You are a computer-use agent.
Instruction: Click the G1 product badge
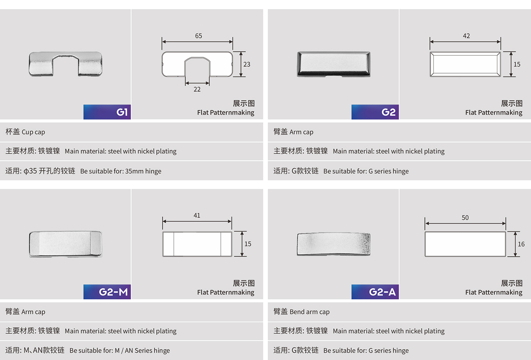click(x=107, y=112)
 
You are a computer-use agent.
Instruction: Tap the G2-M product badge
click(x=107, y=292)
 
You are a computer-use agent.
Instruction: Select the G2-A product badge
click(x=375, y=292)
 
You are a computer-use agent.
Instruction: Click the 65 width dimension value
click(x=198, y=36)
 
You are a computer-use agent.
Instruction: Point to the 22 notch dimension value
click(x=197, y=89)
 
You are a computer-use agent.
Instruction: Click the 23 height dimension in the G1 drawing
click(x=247, y=64)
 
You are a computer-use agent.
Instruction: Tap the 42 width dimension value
click(x=466, y=36)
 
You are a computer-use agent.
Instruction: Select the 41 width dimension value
click(x=197, y=215)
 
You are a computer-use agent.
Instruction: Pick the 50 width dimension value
click(x=465, y=218)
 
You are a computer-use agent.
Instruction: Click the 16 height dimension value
click(x=521, y=244)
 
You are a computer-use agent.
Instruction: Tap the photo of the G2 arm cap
click(x=333, y=64)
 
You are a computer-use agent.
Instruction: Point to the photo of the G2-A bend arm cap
click(x=333, y=244)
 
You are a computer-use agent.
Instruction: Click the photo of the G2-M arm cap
click(x=66, y=244)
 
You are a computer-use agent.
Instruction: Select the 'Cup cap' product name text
click(x=33, y=132)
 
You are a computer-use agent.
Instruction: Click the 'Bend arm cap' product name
click(x=309, y=311)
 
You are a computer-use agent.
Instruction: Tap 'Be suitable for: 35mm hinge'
click(x=121, y=171)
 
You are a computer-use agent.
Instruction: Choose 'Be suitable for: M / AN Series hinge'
click(x=119, y=350)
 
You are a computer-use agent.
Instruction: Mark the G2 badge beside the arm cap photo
click(x=375, y=112)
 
